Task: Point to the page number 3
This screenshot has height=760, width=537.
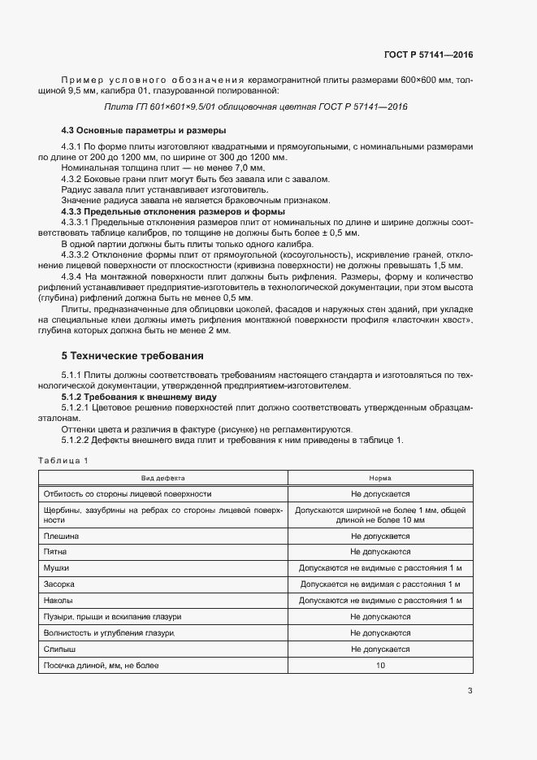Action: tap(470, 692)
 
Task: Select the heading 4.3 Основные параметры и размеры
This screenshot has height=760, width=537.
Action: tap(144, 130)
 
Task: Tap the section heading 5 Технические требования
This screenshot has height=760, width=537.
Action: tap(133, 356)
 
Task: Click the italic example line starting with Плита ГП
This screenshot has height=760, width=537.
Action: tap(256, 106)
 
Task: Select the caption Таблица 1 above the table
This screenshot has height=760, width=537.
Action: tap(63, 461)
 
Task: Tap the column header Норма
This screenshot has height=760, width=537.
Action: tap(380, 479)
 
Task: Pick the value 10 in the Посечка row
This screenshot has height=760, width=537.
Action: tap(380, 666)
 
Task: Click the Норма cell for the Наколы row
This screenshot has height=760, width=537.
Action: tap(380, 601)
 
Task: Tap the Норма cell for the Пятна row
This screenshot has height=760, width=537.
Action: tap(380, 552)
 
